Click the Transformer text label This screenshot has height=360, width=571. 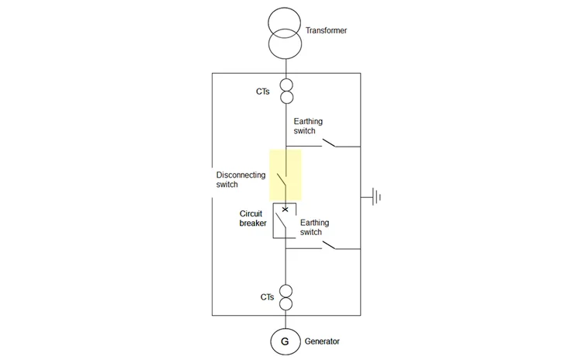tap(327, 31)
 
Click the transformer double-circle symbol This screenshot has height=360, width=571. tap(285, 34)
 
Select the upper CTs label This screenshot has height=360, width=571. tap(263, 92)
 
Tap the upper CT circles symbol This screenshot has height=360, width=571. tap(285, 92)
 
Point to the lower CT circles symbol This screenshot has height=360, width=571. tap(285, 297)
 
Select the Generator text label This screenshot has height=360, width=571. tap(322, 341)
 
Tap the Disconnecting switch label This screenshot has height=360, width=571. tap(241, 180)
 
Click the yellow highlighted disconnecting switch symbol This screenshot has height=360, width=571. tap(285, 176)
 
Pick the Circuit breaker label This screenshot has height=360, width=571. tap(254, 217)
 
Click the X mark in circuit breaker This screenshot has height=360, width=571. tap(285, 209)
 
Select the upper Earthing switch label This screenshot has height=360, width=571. tap(308, 126)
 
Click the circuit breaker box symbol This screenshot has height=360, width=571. tap(285, 220)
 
